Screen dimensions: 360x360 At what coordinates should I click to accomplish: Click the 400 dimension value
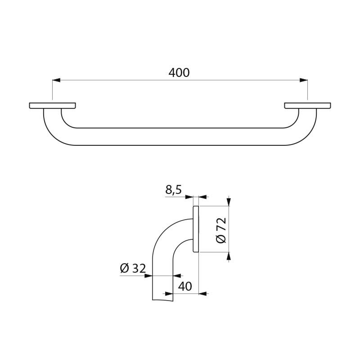(179, 72)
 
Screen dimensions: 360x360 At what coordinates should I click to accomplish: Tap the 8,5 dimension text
(173, 190)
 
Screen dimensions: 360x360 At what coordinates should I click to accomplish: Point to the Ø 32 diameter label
(133, 269)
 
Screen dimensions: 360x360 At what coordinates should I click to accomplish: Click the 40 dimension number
(185, 286)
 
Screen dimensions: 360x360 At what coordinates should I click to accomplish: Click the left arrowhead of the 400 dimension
(56, 81)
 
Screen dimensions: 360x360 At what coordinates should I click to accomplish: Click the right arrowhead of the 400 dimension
(304, 81)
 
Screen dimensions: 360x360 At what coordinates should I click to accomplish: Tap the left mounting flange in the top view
(52, 106)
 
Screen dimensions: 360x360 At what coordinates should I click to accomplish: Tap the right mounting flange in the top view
(307, 106)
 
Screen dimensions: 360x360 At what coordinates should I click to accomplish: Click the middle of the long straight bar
(180, 137)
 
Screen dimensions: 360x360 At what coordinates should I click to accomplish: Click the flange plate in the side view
(196, 229)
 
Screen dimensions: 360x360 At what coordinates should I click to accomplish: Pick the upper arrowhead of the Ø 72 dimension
(229, 202)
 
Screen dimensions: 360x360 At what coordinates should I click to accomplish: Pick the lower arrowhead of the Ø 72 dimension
(229, 256)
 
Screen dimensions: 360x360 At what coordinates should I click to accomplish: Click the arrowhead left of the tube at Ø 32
(148, 276)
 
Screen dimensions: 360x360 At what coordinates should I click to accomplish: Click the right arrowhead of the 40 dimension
(202, 294)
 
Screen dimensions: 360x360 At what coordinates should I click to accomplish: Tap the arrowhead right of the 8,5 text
(202, 197)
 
